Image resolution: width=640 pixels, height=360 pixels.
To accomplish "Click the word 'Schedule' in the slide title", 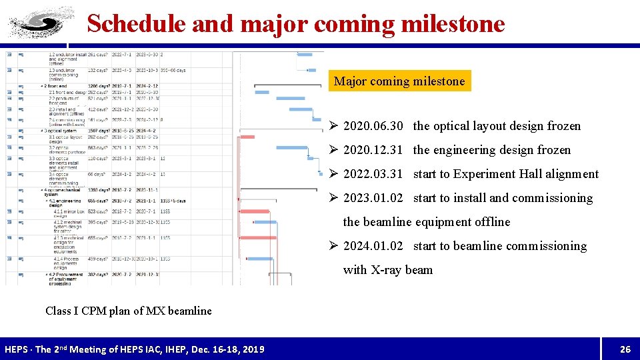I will [137, 23].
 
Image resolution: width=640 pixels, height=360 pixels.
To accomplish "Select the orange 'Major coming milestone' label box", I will [399, 81].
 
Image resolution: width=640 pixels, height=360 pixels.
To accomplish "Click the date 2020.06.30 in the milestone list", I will [373, 126].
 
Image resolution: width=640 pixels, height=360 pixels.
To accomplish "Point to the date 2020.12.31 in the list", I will [373, 150].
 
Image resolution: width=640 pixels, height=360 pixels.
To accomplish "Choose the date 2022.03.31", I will [373, 174].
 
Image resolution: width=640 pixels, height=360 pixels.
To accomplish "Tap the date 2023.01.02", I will [373, 198].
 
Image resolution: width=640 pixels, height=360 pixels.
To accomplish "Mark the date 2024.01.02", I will [373, 246].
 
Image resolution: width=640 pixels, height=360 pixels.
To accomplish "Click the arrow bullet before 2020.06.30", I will [335, 126].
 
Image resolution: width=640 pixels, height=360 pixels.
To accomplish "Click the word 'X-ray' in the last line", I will [387, 270].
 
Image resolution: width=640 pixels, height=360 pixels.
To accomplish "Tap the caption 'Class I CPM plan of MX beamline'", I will [129, 311].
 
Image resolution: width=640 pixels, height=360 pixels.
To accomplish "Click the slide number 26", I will [625, 349].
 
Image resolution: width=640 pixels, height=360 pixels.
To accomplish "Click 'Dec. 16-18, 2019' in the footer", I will [222, 349].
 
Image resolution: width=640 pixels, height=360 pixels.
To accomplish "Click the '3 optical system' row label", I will [62, 131].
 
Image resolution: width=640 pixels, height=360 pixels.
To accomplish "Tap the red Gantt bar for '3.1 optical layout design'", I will [247, 137].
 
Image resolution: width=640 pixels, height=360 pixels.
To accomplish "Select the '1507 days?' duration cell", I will [98, 131].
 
